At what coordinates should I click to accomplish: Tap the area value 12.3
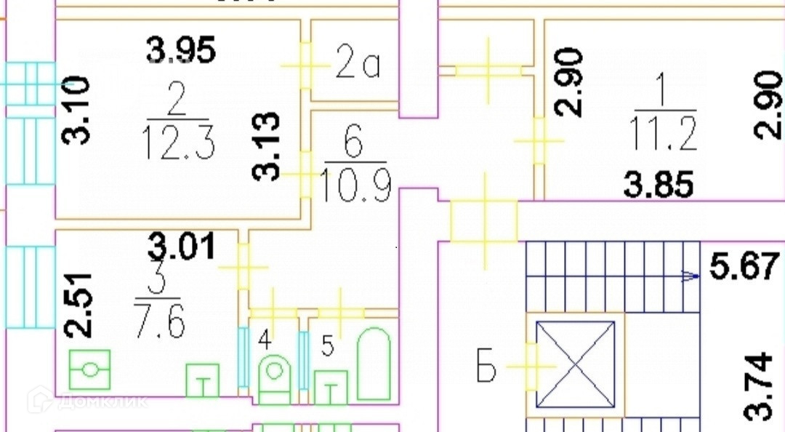(180, 141)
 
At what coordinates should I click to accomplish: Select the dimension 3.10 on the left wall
(78, 109)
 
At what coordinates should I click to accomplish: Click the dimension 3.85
(659, 185)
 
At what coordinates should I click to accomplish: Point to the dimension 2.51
(78, 304)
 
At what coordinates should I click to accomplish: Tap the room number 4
(265, 339)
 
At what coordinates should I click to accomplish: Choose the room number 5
(327, 347)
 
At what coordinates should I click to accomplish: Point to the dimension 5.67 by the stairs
(744, 266)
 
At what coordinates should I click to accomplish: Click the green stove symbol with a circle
(90, 369)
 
